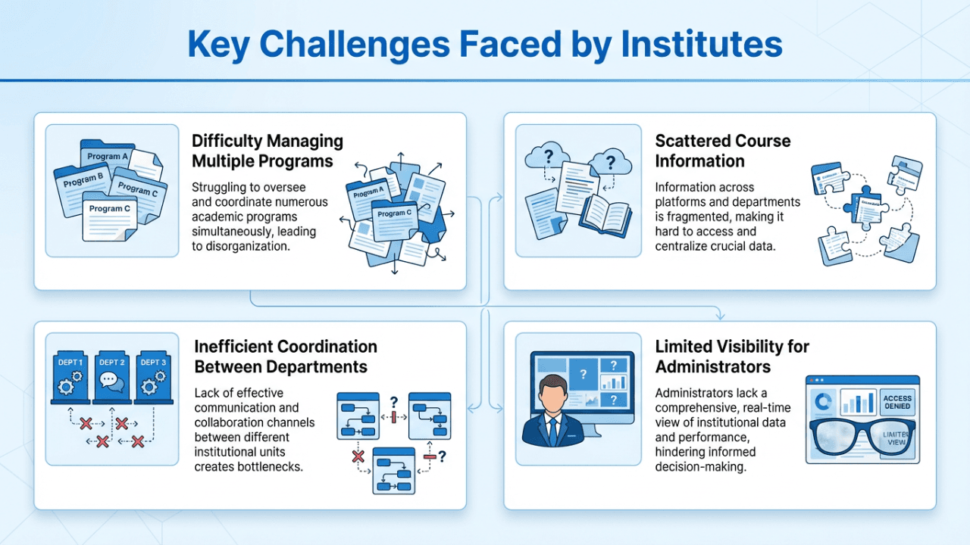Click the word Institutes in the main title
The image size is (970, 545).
pos(701,44)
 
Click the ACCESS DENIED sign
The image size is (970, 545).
pos(898,403)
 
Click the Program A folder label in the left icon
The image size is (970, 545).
pos(108,157)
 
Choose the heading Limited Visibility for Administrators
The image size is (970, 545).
pos(732,357)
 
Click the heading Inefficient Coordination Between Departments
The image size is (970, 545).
pos(286,357)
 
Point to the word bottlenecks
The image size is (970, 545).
pos(271,466)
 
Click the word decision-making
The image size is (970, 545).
pos(700,466)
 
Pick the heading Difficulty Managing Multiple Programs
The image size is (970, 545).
pos(267,151)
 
